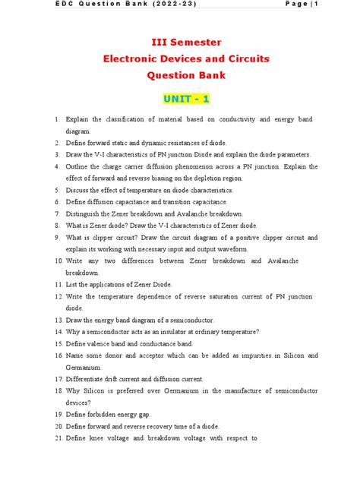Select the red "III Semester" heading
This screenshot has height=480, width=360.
[180, 42]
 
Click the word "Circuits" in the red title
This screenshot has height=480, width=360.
[247, 58]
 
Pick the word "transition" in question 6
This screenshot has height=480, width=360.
[185, 201]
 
